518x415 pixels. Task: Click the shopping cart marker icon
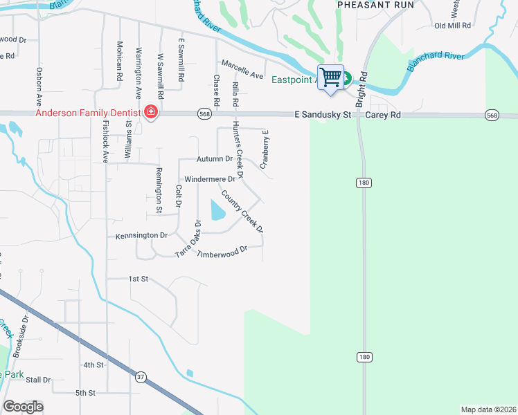(x=331, y=77)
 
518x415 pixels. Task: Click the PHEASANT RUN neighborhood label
(x=375, y=5)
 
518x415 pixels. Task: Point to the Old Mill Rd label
(x=452, y=26)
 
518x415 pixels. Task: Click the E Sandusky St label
(x=323, y=114)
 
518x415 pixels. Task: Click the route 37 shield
(x=141, y=376)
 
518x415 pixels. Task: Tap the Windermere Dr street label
(x=211, y=179)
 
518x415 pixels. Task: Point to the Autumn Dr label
(x=215, y=159)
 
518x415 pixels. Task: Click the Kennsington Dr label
(x=142, y=235)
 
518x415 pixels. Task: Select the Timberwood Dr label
(x=222, y=252)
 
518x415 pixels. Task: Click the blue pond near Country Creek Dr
(x=216, y=209)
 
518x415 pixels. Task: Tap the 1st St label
(x=139, y=279)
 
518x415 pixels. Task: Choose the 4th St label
(x=93, y=365)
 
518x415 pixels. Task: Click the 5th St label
(x=85, y=393)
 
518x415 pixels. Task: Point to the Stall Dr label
(x=37, y=380)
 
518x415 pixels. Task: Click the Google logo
(x=23, y=407)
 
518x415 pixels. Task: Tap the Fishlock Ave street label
(x=106, y=142)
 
